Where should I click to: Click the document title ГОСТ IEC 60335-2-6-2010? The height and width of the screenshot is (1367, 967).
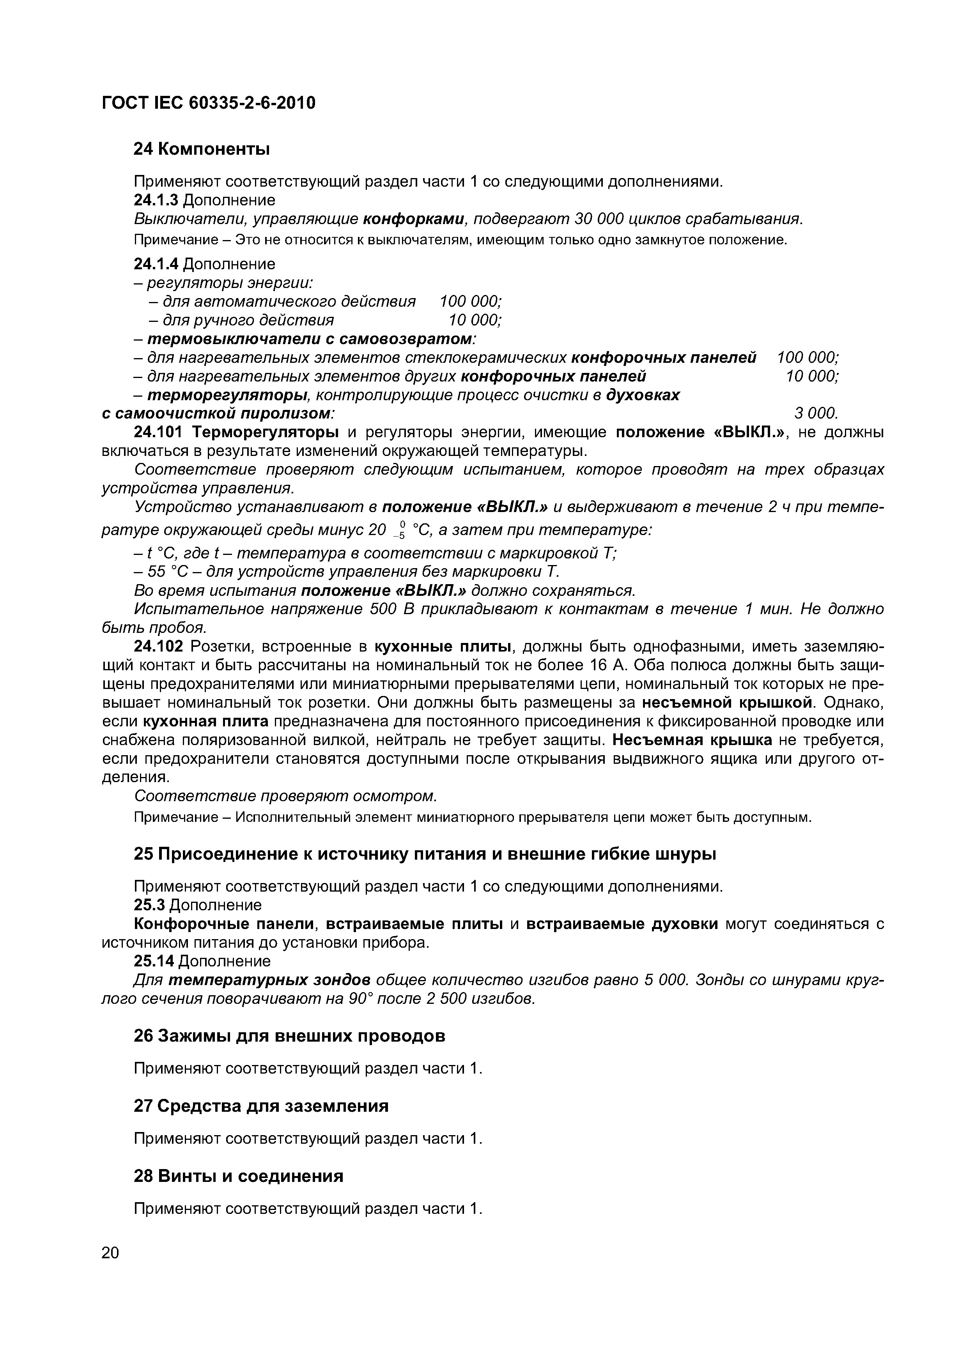coord(209,104)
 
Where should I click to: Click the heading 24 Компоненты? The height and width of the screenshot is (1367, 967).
coord(201,149)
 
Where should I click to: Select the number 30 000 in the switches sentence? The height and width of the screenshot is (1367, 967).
coord(598,219)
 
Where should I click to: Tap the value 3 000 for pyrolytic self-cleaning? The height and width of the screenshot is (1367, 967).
coord(816,413)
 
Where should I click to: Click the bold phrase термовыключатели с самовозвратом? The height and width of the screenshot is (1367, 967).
coord(310,339)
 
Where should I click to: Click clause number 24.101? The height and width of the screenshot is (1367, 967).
coord(158,432)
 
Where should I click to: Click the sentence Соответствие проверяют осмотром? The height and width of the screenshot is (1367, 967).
coord(285,796)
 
